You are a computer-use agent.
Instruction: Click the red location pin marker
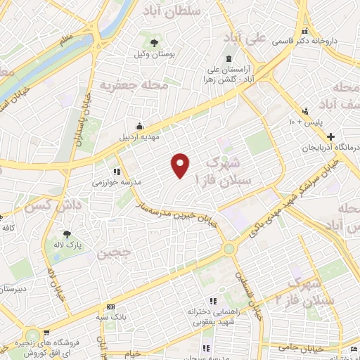coord(181,165)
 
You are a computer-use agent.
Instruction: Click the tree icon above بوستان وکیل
coord(154,43)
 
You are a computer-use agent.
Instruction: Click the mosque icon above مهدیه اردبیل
coord(139,126)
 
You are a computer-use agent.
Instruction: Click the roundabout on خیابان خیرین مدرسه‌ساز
coord(229,248)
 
